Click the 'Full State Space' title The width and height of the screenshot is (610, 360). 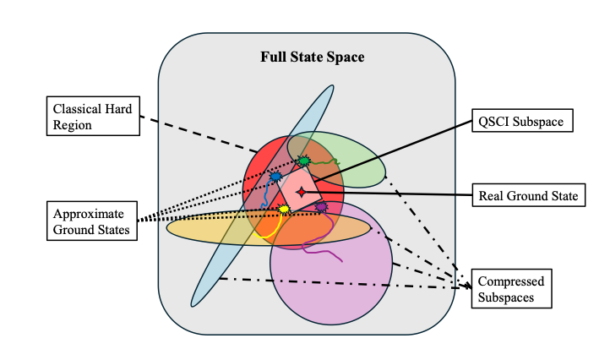(312, 59)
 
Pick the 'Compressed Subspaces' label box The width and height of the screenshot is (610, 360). (510, 289)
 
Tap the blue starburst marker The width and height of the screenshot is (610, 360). (275, 177)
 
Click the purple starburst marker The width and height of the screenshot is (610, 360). (321, 206)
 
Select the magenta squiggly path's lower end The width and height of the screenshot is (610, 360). (341, 261)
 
